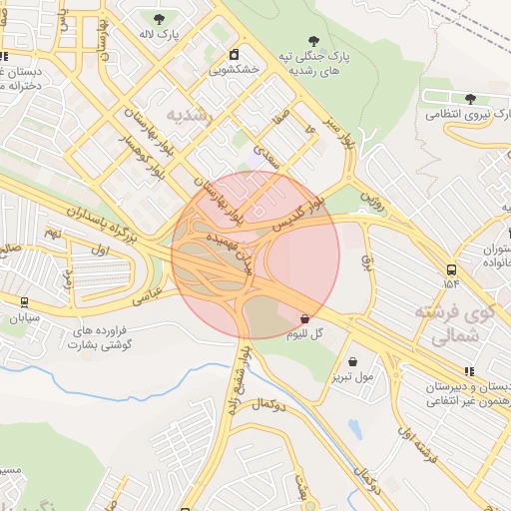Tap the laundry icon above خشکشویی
coord(234,55)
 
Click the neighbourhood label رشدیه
coord(191,115)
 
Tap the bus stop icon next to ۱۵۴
coord(452,269)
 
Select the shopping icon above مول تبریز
coord(353,361)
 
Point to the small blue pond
coord(354,429)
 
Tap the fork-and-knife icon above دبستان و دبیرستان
coord(470,371)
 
